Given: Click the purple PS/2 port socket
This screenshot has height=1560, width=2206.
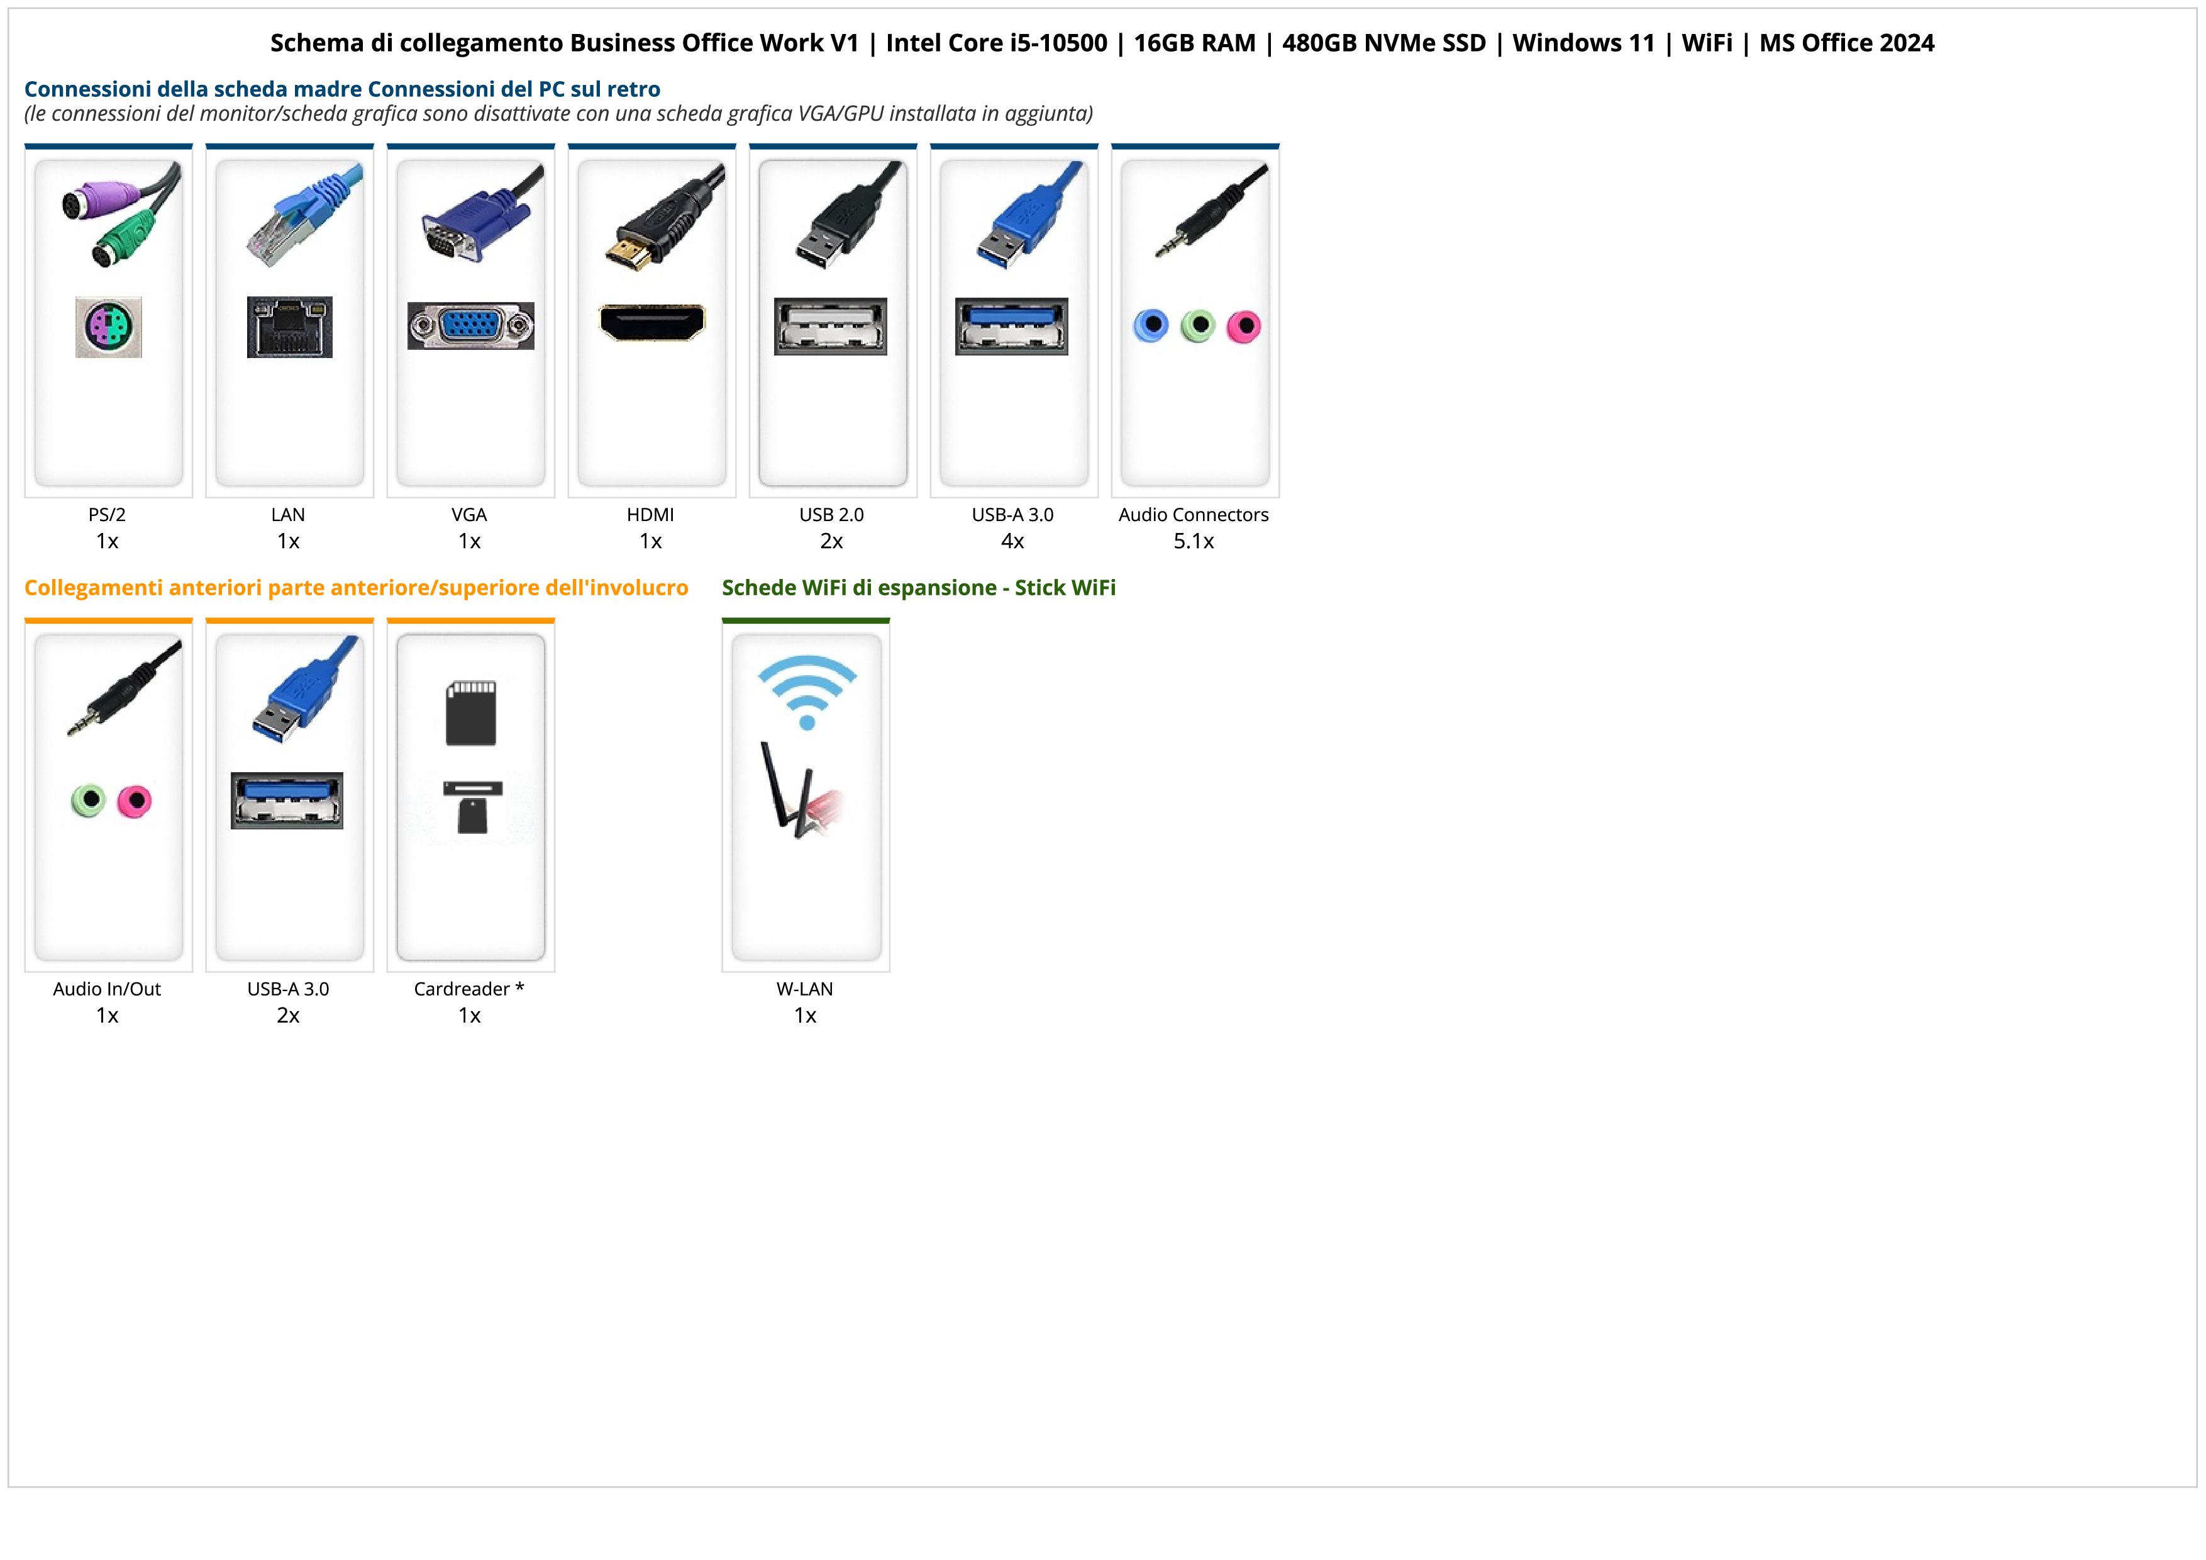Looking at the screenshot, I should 109,327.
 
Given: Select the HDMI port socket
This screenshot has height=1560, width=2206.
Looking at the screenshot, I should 651,323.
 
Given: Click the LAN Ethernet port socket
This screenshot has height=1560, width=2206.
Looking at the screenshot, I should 289,327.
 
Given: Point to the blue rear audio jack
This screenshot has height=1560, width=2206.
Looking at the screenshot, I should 1150,326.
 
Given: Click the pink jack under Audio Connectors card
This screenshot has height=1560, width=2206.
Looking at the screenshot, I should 1243,327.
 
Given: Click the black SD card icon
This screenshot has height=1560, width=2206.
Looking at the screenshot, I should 471,713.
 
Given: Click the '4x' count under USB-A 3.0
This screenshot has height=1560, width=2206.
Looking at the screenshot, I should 1012,541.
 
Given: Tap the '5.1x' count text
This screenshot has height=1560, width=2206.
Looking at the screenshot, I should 1194,541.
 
